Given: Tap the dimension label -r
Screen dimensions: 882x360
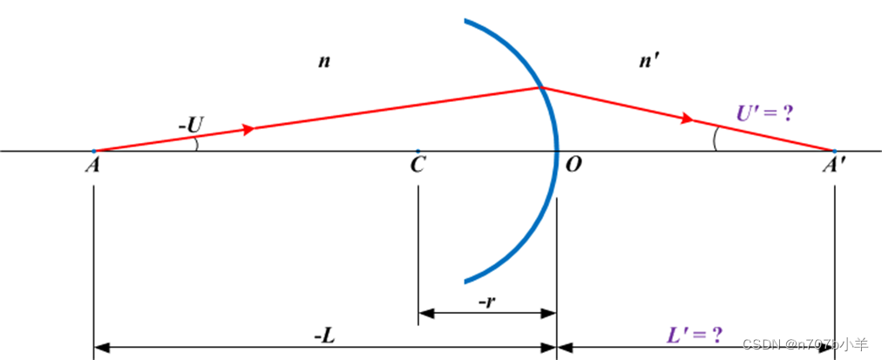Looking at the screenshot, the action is pyautogui.click(x=489, y=301).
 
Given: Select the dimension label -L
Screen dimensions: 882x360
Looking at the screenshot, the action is pyautogui.click(x=323, y=336).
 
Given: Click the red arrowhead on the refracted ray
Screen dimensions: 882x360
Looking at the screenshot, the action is pyautogui.click(x=689, y=118).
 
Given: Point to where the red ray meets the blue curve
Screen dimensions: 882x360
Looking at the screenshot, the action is pyautogui.click(x=540, y=87).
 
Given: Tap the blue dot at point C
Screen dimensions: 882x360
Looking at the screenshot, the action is pyautogui.click(x=418, y=151).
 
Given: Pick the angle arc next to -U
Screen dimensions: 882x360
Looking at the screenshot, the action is pyautogui.click(x=196, y=143).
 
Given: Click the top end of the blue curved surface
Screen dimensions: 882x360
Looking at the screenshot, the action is pyautogui.click(x=466, y=21).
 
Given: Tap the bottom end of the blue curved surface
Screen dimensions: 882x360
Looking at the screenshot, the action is pyautogui.click(x=466, y=281).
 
